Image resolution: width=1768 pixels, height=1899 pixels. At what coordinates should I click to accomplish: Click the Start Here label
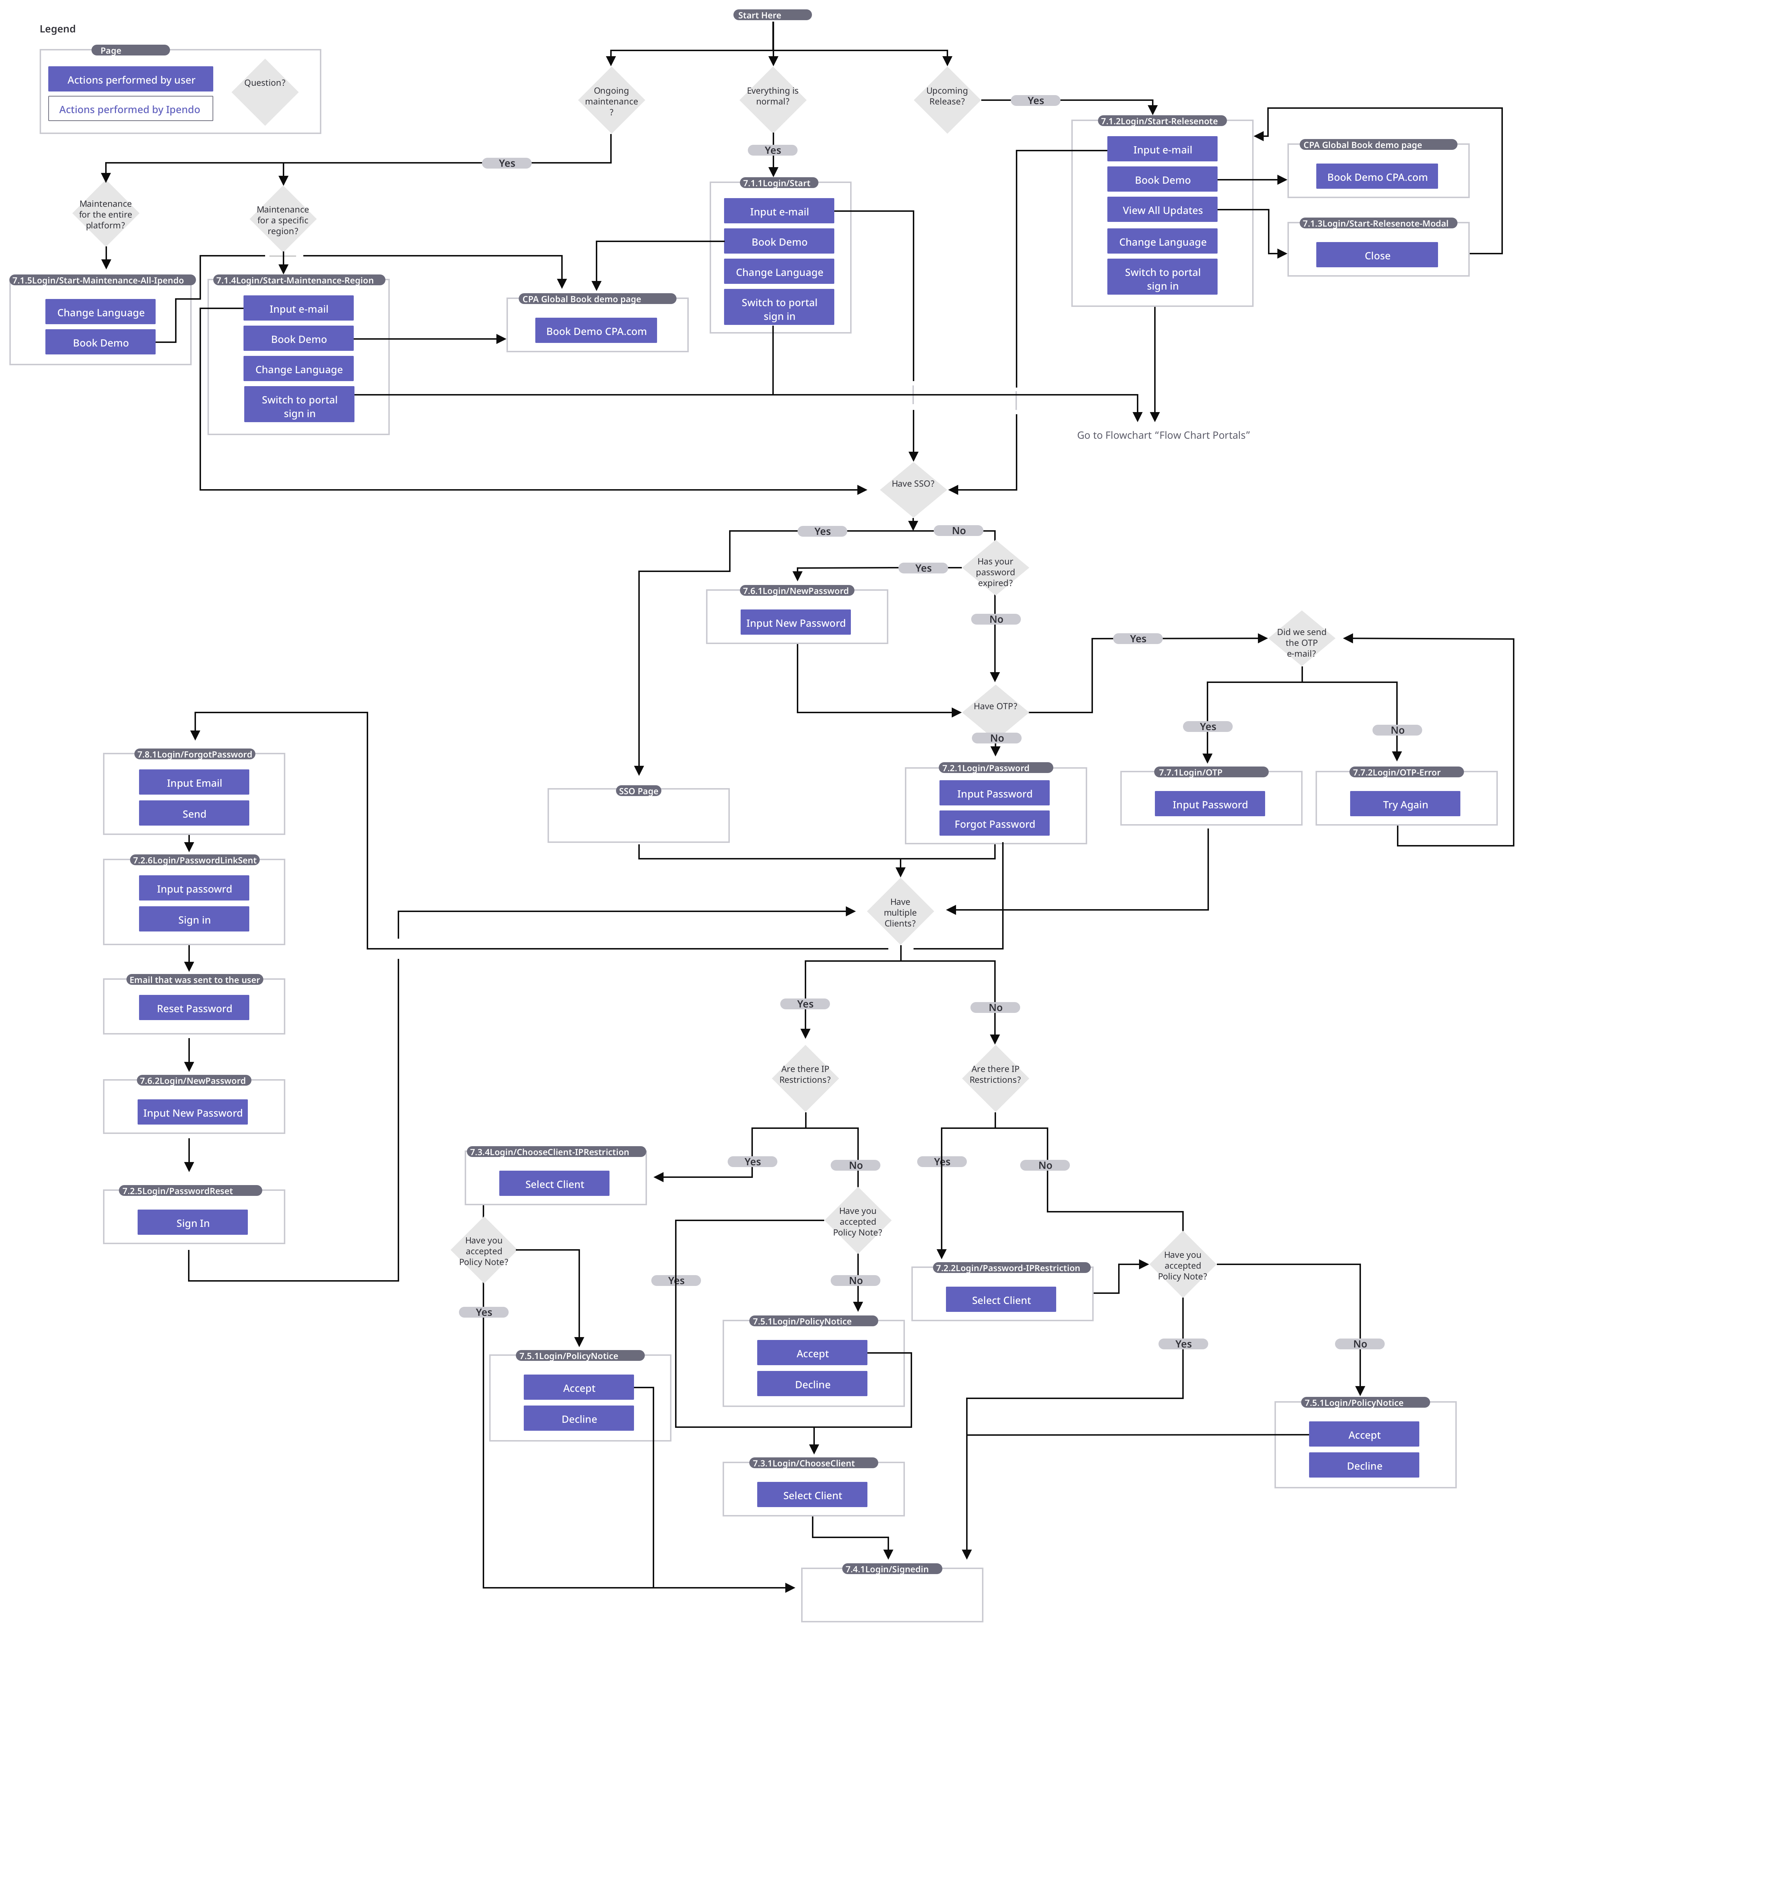[772, 15]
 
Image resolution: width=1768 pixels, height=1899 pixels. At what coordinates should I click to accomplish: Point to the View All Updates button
[1161, 210]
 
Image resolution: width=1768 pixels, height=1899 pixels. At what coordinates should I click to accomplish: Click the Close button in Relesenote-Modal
[1376, 255]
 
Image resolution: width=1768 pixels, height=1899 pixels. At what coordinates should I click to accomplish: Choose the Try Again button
[1404, 804]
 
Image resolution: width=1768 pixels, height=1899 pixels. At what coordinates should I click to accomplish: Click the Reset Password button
[194, 1008]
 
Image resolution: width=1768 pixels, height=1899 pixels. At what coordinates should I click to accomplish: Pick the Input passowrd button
[194, 888]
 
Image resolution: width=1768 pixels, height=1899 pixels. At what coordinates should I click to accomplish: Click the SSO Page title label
[638, 791]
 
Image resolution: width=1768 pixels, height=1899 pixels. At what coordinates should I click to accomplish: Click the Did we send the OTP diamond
[1301, 642]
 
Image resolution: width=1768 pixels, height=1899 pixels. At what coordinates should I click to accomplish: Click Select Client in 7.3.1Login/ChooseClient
[812, 1495]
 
